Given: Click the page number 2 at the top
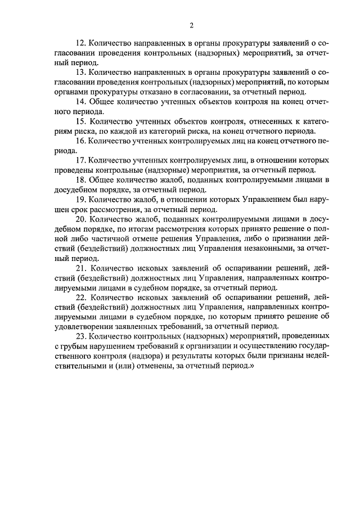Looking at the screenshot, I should [x=191, y=25].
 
